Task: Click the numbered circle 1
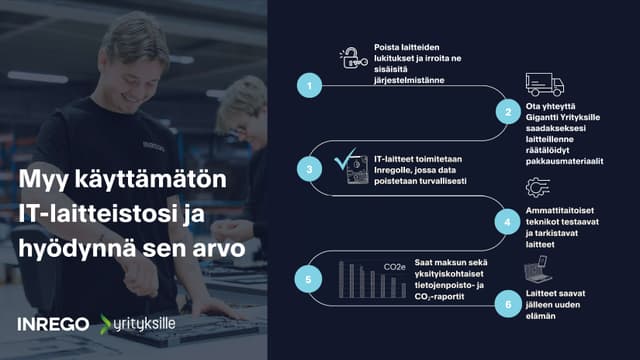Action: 311,86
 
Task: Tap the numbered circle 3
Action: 311,170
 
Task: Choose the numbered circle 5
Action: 311,281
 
